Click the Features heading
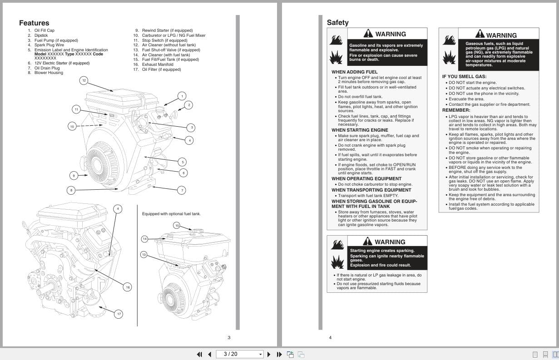[34, 23]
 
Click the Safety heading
[337, 23]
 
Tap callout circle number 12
[84, 80]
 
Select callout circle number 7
[182, 190]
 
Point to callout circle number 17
[119, 314]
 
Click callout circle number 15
[177, 226]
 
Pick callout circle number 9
[73, 175]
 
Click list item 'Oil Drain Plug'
[47, 68]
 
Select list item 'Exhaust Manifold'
[157, 64]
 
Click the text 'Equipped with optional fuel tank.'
[171, 214]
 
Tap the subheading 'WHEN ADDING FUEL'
[354, 72]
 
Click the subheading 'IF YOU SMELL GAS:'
[464, 77]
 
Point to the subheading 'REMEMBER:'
[456, 110]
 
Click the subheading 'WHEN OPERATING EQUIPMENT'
[366, 178]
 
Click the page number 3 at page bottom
[229, 337]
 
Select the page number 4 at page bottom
[330, 337]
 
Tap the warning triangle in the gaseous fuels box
[480, 34]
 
